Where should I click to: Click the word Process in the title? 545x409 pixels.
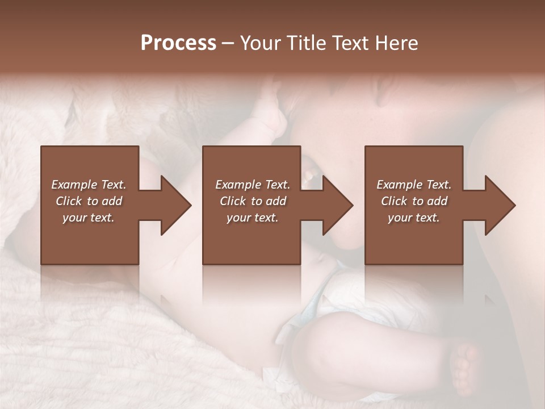pyautogui.click(x=178, y=43)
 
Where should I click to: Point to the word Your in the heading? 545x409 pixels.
pyautogui.click(x=262, y=43)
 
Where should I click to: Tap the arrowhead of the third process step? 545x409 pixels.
pyautogui.click(x=499, y=205)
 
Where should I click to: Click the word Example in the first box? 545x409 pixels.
pyautogui.click(x=74, y=185)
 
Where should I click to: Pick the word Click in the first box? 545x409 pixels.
pyautogui.click(x=69, y=201)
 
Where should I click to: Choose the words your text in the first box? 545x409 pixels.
pyautogui.click(x=89, y=218)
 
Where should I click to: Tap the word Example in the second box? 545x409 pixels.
pyautogui.click(x=238, y=185)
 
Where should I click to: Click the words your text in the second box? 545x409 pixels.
pyautogui.click(x=253, y=218)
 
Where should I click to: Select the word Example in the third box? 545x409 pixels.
pyautogui.click(x=399, y=185)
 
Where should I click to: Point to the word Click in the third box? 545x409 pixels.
pyautogui.click(x=394, y=201)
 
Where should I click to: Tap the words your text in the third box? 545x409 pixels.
pyautogui.click(x=414, y=218)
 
